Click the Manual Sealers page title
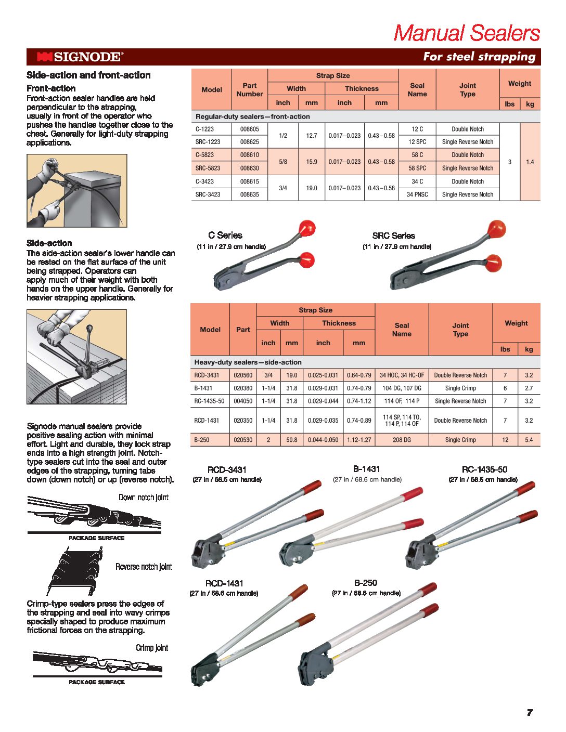click(467, 33)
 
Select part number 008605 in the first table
click(249, 129)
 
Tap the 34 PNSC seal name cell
click(417, 194)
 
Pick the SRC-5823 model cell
click(208, 168)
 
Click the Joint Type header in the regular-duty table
click(467, 89)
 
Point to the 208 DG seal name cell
click(402, 440)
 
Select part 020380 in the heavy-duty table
click(243, 388)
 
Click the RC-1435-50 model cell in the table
click(209, 401)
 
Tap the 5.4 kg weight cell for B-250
click(529, 440)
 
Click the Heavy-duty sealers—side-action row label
click(248, 362)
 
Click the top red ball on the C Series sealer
click(306, 228)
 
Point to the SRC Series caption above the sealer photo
click(393, 236)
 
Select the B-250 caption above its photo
click(366, 583)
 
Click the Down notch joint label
click(143, 498)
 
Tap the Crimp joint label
click(152, 648)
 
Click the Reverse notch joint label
click(144, 567)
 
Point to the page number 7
click(530, 712)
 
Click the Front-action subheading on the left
click(51, 88)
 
